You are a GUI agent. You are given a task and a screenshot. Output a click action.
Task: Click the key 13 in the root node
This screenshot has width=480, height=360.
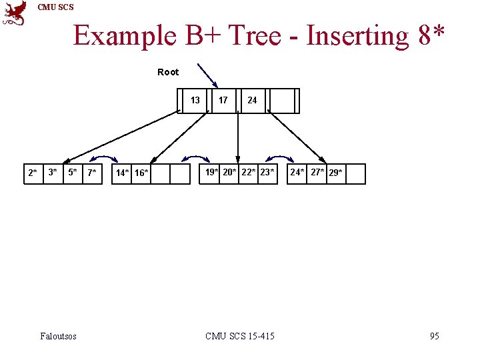[x=195, y=101]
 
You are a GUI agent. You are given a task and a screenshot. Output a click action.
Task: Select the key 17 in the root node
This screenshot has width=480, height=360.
[x=223, y=101]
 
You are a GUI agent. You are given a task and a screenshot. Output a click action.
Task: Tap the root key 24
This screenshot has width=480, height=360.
[x=252, y=101]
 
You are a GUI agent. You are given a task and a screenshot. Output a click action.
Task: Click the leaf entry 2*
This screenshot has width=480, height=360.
[x=33, y=173]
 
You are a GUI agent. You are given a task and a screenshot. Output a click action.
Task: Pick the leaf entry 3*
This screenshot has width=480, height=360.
[x=53, y=173]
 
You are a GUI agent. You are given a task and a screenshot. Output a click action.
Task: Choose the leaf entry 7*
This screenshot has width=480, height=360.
[x=92, y=173]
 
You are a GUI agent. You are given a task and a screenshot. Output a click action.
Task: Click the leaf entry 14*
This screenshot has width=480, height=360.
[x=123, y=174]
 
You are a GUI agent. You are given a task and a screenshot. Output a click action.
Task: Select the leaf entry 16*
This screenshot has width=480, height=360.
[x=141, y=174]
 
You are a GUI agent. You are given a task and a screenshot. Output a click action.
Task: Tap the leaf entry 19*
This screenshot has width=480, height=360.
[x=211, y=173]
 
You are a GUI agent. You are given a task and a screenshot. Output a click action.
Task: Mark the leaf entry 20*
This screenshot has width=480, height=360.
[x=230, y=173]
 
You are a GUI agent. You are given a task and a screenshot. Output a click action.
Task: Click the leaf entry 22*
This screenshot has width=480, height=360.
[x=249, y=173]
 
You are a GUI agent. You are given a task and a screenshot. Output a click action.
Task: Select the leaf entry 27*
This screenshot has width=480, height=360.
[x=317, y=173]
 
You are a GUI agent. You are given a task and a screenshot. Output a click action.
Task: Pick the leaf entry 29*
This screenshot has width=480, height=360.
[x=336, y=173]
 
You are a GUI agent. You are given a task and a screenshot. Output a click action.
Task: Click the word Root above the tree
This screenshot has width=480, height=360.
[x=168, y=72]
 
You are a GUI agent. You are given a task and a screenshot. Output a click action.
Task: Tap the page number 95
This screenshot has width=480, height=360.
[x=434, y=336]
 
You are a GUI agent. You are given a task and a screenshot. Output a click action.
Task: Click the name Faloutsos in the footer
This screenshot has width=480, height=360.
[x=58, y=336]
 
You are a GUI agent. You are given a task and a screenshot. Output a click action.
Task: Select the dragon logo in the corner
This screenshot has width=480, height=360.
[x=15, y=13]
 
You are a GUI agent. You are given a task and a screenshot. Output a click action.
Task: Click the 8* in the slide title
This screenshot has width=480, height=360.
[x=432, y=35]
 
